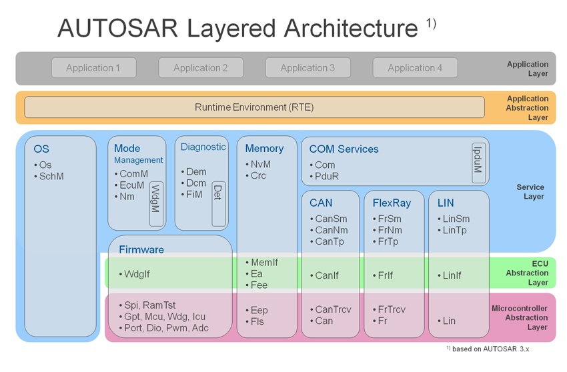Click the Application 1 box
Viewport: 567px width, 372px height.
click(x=93, y=67)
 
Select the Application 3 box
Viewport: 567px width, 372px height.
click(x=308, y=67)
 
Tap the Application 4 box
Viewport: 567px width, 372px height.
click(x=415, y=67)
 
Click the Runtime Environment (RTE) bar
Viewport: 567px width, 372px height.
click(x=254, y=107)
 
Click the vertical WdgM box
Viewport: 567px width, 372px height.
click(x=156, y=203)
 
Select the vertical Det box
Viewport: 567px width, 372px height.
click(x=218, y=193)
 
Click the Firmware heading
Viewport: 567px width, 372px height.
click(x=141, y=250)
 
